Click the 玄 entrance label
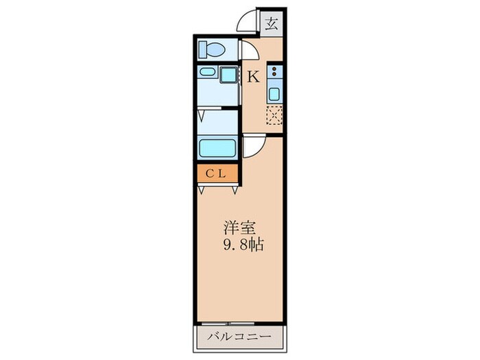pyautogui.click(x=272, y=24)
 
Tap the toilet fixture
pyautogui.click(x=211, y=49)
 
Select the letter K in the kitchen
pyautogui.click(x=252, y=77)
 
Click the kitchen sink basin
pyautogui.click(x=274, y=93)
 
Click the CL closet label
pyautogui.click(x=217, y=174)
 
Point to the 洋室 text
pyautogui.click(x=237, y=227)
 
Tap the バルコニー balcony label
pyautogui.click(x=240, y=338)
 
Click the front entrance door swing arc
pyautogui.click(x=248, y=22)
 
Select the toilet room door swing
pyautogui.click(x=250, y=51)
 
